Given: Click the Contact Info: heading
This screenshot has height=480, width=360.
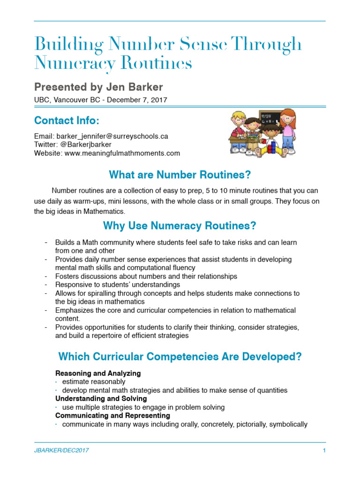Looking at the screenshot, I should click(x=67, y=120).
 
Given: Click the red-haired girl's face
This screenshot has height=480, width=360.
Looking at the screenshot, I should click(x=289, y=117).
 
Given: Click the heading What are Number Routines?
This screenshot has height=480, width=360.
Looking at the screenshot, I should click(x=180, y=175).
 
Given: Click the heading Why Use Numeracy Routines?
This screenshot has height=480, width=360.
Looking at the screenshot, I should click(x=180, y=226).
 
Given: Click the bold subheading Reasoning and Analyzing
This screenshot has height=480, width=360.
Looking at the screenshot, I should click(x=98, y=374).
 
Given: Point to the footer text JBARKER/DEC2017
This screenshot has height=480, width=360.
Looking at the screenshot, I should click(x=61, y=450).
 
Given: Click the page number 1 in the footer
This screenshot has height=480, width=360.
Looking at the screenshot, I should click(x=324, y=450).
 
